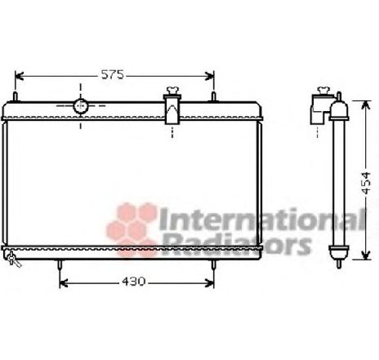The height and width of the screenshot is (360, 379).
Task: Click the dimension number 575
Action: tap(113, 75)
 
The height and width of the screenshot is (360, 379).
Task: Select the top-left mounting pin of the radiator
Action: tap(17, 96)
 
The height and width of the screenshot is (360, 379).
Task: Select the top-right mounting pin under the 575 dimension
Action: tap(213, 97)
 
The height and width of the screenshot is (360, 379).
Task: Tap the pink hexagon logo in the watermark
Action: tap(128, 220)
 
